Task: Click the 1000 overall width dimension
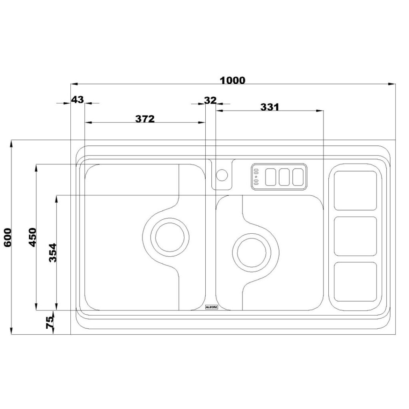click(x=233, y=80)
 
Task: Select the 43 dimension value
click(x=77, y=99)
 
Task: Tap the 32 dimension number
click(x=210, y=100)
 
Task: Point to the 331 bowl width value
click(x=270, y=107)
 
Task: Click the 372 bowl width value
click(x=145, y=119)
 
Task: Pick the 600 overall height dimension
click(x=8, y=237)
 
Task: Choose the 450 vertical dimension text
click(x=33, y=237)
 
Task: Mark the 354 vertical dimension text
click(x=53, y=252)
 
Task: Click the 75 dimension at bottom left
click(x=50, y=322)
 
